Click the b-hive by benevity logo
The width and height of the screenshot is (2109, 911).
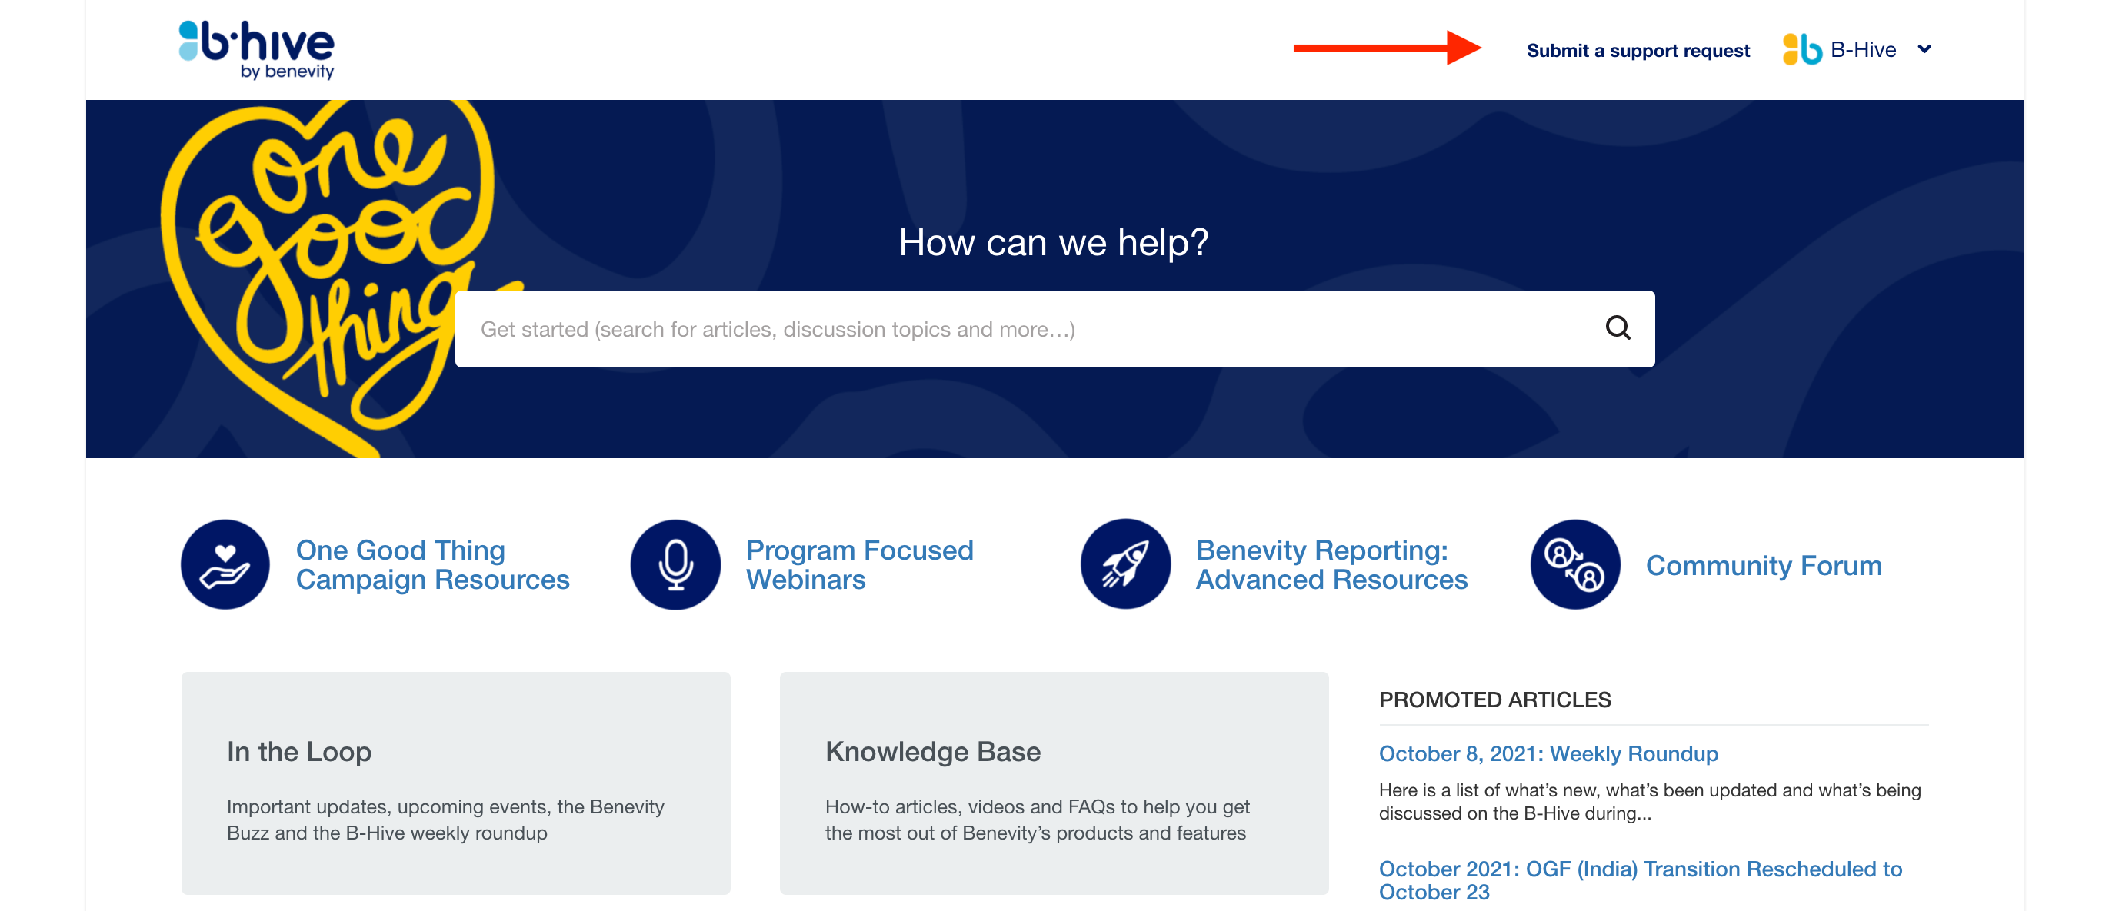pos(256,50)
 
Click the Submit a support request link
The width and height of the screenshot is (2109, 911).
pos(1638,51)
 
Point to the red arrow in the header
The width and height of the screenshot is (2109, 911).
pos(1387,48)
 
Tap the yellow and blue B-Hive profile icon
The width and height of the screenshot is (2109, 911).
pos(1801,49)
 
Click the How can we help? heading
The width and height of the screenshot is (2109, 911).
pos(1054,242)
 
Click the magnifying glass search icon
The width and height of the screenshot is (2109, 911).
pos(1617,328)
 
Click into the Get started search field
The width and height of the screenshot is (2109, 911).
pos(1024,329)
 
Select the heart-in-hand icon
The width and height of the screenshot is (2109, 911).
pos(225,565)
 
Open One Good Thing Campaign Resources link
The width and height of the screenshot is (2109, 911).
pos(432,565)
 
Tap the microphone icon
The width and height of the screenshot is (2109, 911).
pos(675,565)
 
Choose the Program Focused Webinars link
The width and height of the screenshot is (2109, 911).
pos(860,565)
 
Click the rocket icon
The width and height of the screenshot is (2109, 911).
pos(1126,565)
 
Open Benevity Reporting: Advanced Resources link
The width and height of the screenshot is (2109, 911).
pos(1331,565)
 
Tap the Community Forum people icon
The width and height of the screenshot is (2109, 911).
pos(1575,565)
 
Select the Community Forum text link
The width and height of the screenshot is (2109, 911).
pos(1764,566)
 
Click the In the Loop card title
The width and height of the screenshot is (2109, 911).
pos(299,751)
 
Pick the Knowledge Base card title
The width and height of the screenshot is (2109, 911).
pos(932,751)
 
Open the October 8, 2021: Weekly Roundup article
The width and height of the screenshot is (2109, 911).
pos(1548,753)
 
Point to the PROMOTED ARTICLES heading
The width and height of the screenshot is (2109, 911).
pos(1494,700)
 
